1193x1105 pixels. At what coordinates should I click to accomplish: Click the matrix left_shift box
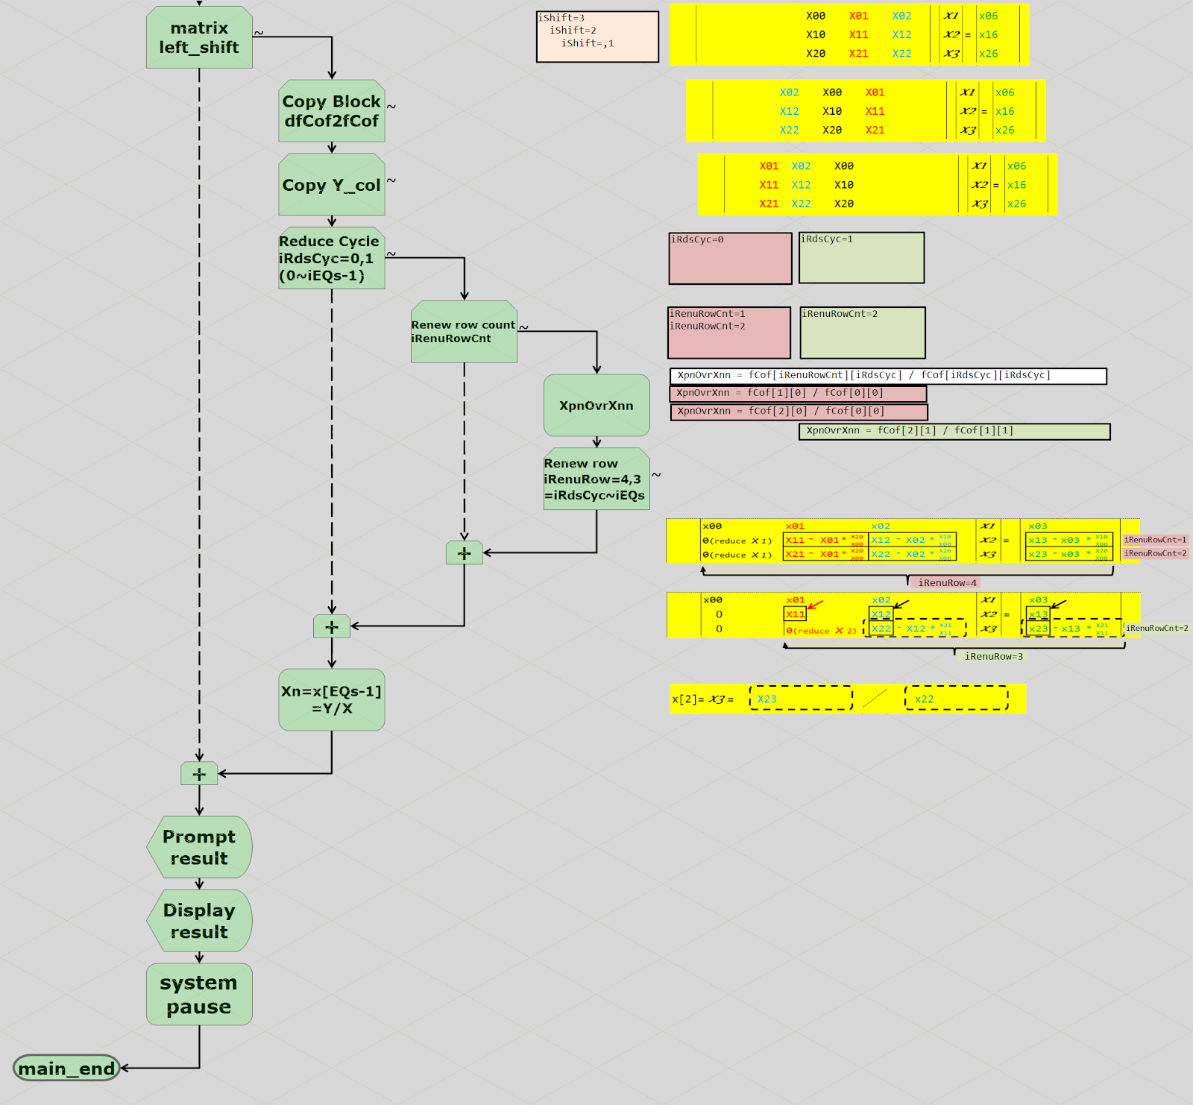tap(199, 37)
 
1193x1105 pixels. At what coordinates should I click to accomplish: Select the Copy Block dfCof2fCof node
tap(332, 111)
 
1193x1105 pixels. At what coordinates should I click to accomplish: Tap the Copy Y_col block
tap(332, 185)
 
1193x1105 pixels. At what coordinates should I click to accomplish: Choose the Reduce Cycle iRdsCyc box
tap(332, 258)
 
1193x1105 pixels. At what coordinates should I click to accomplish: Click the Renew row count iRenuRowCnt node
tap(464, 332)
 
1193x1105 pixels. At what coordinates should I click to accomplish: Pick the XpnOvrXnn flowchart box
tap(596, 406)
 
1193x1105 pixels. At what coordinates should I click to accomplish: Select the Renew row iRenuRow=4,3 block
tap(596, 479)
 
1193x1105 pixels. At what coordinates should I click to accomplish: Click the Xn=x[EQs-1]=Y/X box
tap(332, 699)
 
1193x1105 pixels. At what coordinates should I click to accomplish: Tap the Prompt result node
tap(199, 847)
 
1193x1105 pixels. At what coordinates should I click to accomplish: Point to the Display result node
tap(199, 921)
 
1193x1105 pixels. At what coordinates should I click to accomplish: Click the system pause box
tap(199, 995)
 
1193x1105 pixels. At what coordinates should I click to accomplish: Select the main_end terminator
tap(67, 1068)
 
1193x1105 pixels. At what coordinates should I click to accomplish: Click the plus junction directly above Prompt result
tap(199, 774)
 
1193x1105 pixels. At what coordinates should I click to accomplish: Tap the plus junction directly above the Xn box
tap(332, 626)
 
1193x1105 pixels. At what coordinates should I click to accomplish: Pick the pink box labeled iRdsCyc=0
tap(730, 259)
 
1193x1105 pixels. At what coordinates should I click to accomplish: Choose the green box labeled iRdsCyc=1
tap(861, 258)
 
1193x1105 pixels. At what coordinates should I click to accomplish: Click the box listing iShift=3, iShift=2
tap(597, 37)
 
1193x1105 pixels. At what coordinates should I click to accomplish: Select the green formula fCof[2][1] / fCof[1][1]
tap(954, 431)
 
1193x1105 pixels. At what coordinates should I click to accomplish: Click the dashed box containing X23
tap(801, 699)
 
